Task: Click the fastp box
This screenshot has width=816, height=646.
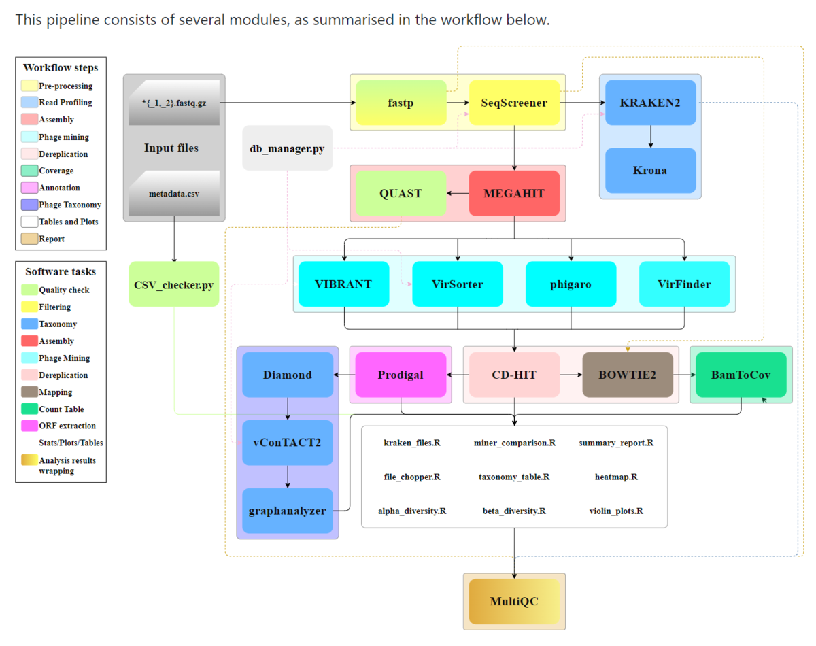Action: click(x=401, y=103)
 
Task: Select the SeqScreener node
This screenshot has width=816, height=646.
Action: click(x=514, y=103)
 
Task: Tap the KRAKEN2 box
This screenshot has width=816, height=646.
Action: click(x=650, y=103)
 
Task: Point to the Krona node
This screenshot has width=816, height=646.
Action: click(x=650, y=170)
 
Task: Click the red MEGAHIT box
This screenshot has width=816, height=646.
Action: click(x=514, y=193)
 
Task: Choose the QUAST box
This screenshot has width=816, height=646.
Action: click(x=401, y=193)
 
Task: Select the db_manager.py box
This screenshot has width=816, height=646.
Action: click(x=288, y=148)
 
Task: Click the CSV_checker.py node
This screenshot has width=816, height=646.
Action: click(x=174, y=284)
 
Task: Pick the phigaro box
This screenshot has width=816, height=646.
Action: click(x=571, y=284)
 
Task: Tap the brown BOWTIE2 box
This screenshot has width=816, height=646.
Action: click(x=628, y=375)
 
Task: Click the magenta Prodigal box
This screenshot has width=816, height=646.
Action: click(x=401, y=375)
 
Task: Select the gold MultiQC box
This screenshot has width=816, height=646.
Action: click(x=514, y=601)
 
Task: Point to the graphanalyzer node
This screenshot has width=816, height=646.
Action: click(x=288, y=511)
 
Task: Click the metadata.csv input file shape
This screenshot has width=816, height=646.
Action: click(x=174, y=193)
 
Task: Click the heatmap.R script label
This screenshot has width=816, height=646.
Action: click(x=616, y=477)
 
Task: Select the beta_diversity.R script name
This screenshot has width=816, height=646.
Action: click(x=514, y=511)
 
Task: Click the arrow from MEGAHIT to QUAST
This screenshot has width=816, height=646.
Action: click(x=458, y=193)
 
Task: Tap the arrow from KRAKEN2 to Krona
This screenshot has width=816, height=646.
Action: click(x=651, y=137)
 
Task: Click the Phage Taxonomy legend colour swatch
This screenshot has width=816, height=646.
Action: click(x=29, y=205)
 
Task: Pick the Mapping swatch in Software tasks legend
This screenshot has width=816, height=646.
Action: click(x=29, y=392)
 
